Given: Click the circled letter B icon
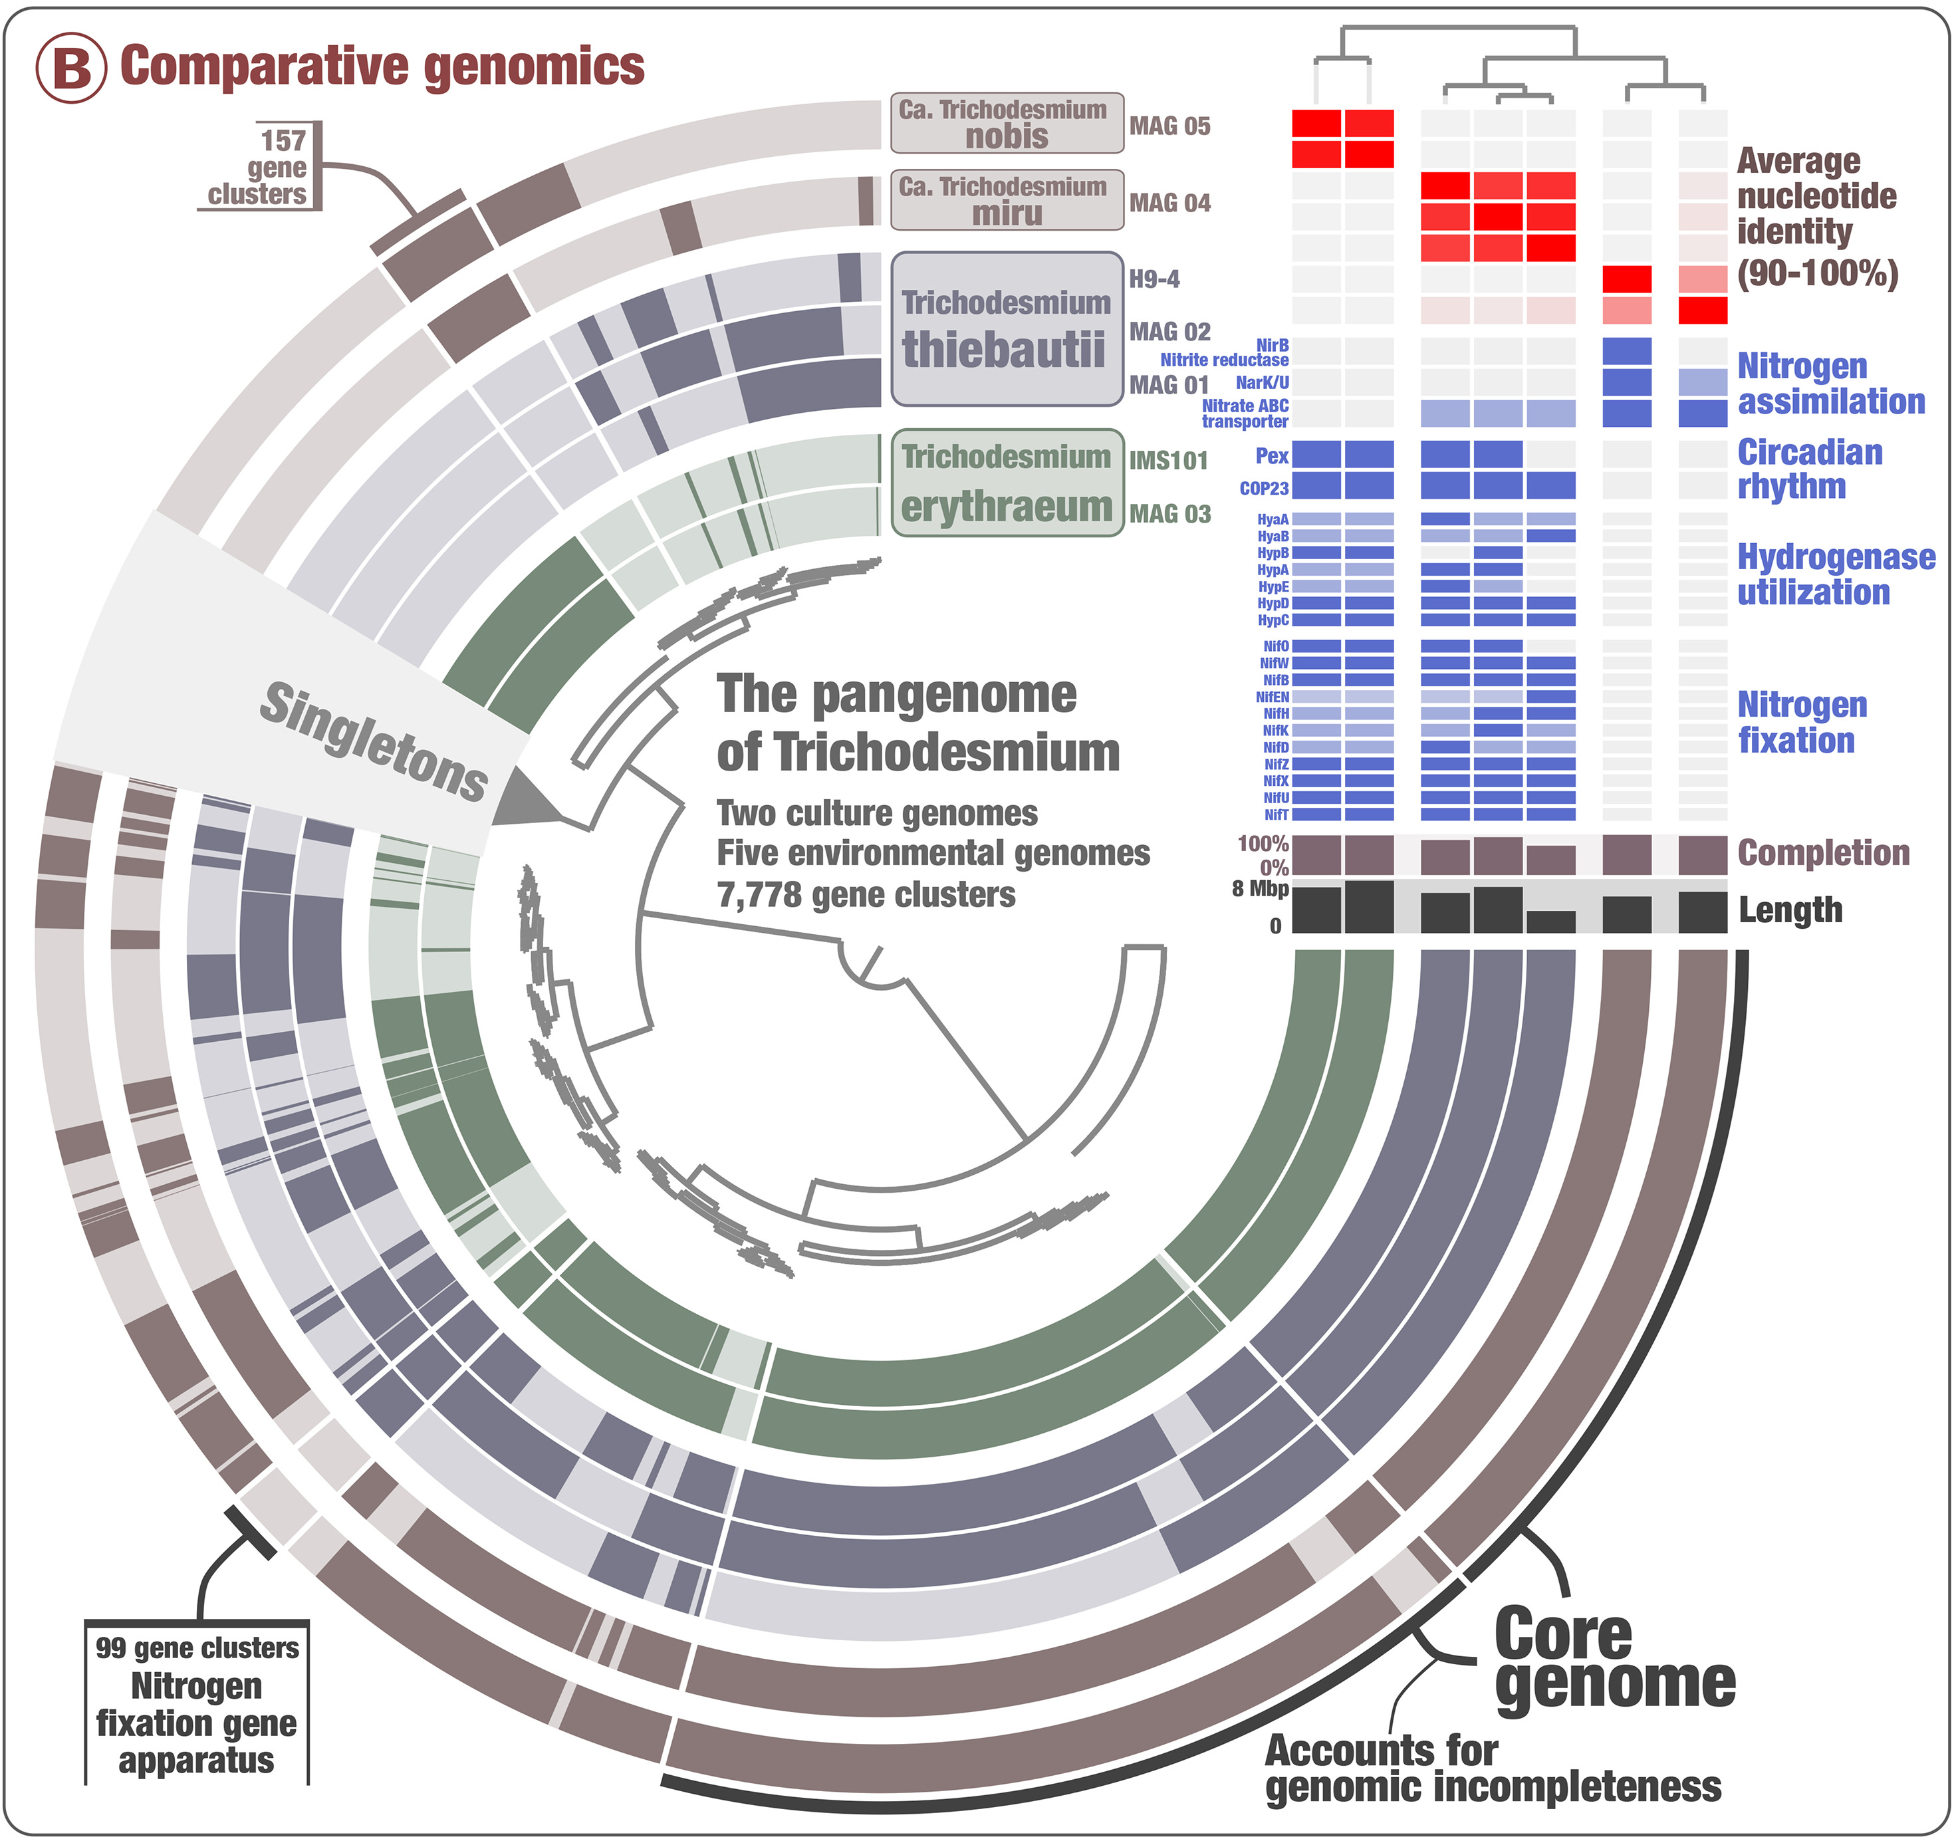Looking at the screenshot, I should tap(70, 68).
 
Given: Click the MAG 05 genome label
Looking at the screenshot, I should tap(1169, 126).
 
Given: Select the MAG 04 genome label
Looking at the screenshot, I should tap(1169, 203).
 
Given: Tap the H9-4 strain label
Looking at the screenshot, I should tap(1154, 279).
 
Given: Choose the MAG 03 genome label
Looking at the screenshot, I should tap(1169, 514).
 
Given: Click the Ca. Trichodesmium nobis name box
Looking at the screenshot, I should tap(1007, 124).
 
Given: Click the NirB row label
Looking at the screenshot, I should tap(1272, 345).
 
